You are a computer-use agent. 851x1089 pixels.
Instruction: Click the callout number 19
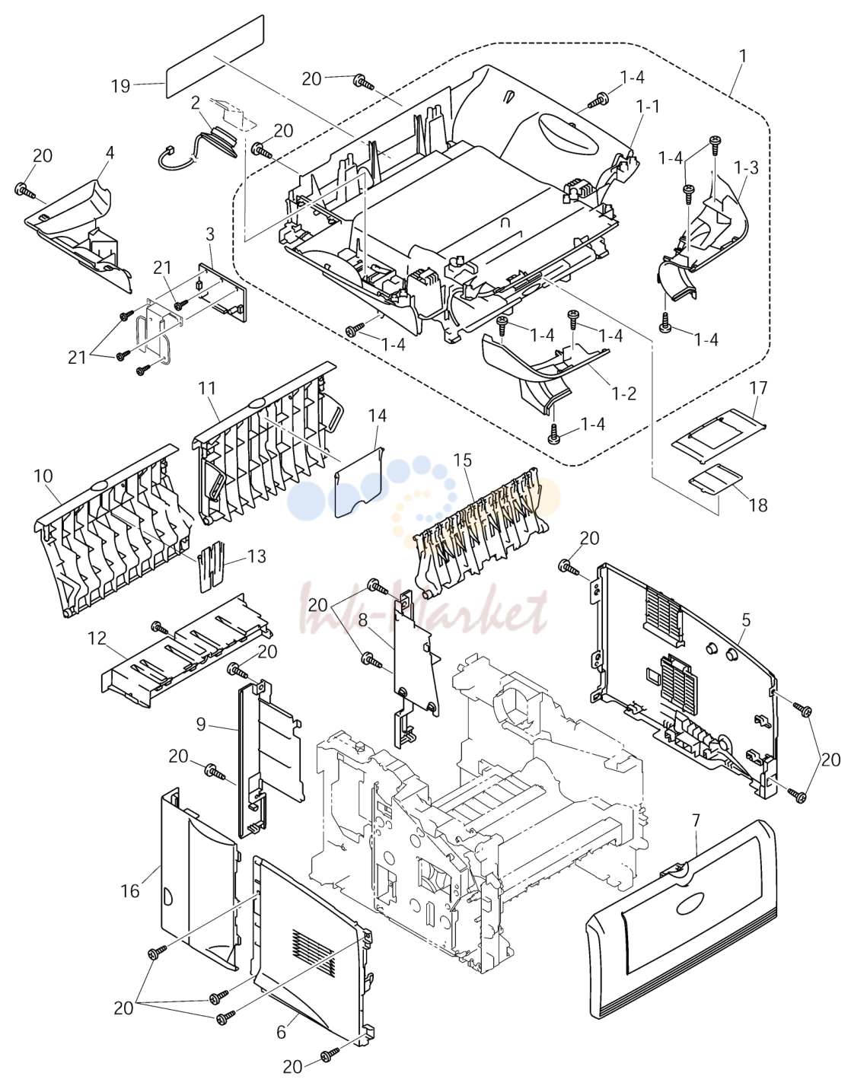[x=121, y=86]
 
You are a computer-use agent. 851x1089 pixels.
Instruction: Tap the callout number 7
[x=696, y=821]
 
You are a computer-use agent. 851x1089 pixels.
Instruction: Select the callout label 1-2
[x=624, y=393]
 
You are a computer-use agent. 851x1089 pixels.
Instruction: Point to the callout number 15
[x=463, y=460]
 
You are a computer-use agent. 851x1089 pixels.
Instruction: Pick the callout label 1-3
[x=747, y=168]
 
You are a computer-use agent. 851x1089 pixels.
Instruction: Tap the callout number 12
[x=97, y=638]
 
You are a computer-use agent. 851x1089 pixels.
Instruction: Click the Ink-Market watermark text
[x=423, y=610]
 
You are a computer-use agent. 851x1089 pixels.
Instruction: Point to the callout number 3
[x=210, y=234]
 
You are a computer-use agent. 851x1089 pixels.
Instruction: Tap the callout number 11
[x=206, y=388]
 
